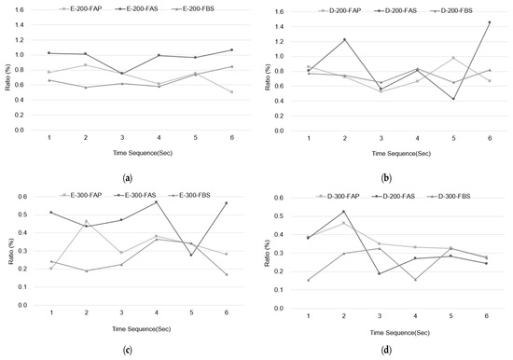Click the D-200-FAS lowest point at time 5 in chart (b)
click(x=452, y=99)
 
